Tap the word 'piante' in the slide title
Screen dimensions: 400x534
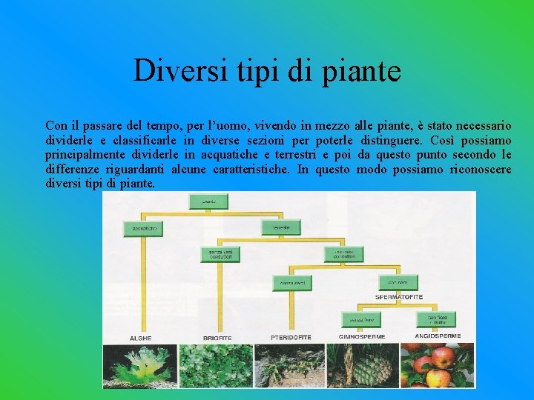(x=363, y=71)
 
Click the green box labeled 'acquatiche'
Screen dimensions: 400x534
(x=144, y=229)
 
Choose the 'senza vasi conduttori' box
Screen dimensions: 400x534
(x=220, y=255)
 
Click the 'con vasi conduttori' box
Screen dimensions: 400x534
(x=343, y=255)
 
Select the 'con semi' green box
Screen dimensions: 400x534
(x=398, y=283)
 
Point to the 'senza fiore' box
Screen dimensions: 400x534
(x=360, y=319)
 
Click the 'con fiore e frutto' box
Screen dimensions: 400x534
(x=436, y=319)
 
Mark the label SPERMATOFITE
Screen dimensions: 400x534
(x=399, y=297)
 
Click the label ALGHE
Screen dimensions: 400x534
(x=140, y=338)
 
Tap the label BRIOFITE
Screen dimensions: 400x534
(x=217, y=338)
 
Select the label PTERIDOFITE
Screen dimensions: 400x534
(x=290, y=337)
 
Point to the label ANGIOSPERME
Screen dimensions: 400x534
(x=438, y=336)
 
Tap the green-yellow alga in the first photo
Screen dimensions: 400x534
(x=140, y=364)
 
